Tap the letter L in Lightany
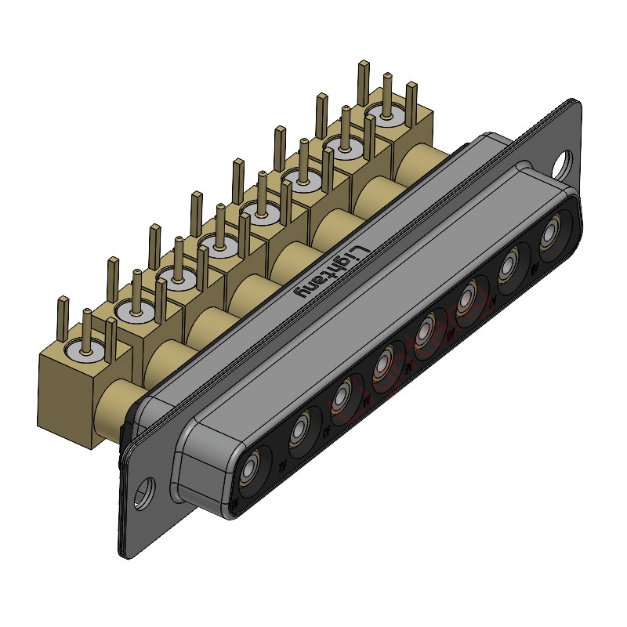(x=357, y=250)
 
